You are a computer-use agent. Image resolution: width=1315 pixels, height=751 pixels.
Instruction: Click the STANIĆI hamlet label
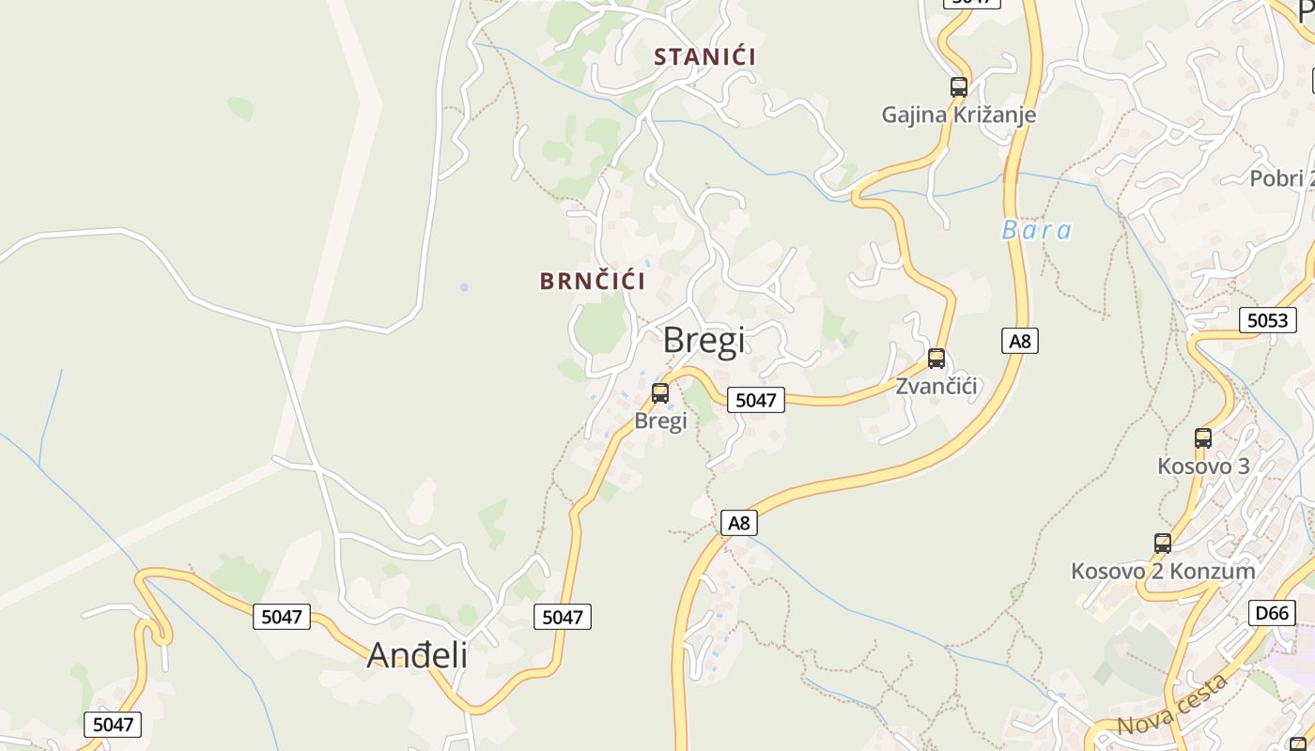pos(704,56)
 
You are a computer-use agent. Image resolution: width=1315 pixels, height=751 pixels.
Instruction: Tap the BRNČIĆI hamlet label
pos(593,281)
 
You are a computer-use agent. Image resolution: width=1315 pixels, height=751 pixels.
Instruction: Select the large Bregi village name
pos(704,340)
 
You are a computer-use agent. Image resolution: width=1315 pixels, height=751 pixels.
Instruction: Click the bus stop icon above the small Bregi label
pos(660,393)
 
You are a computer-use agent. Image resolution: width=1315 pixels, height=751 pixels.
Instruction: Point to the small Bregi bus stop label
pos(660,421)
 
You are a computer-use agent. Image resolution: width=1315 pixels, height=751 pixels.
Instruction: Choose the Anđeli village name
pos(417,655)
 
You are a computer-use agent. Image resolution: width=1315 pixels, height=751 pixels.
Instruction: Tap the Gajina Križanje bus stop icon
pos(958,87)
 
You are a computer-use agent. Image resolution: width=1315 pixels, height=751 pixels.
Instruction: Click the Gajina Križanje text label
pos(958,115)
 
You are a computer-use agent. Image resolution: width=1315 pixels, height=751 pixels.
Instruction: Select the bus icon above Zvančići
pos(936,359)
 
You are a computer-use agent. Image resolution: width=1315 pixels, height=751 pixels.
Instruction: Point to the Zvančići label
pos(936,386)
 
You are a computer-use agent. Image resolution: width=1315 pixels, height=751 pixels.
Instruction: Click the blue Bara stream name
pos(1036,230)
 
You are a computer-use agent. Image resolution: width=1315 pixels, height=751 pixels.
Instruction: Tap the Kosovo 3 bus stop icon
pos(1202,437)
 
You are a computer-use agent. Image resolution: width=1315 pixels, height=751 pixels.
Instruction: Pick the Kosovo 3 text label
pos(1202,466)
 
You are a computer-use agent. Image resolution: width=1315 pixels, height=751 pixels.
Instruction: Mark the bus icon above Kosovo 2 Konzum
pos(1162,543)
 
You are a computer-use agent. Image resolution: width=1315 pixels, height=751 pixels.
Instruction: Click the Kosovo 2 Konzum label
pos(1163,571)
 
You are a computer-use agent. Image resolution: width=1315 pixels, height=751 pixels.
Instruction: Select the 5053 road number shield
pos(1267,320)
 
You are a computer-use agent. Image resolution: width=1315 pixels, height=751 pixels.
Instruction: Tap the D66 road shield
pos(1272,613)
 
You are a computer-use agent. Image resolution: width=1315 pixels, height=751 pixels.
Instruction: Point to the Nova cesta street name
pos(1172,706)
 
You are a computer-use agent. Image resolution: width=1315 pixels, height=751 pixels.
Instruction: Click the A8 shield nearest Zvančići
pos(1020,341)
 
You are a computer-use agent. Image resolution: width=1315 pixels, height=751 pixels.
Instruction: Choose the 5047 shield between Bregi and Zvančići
pos(755,400)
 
